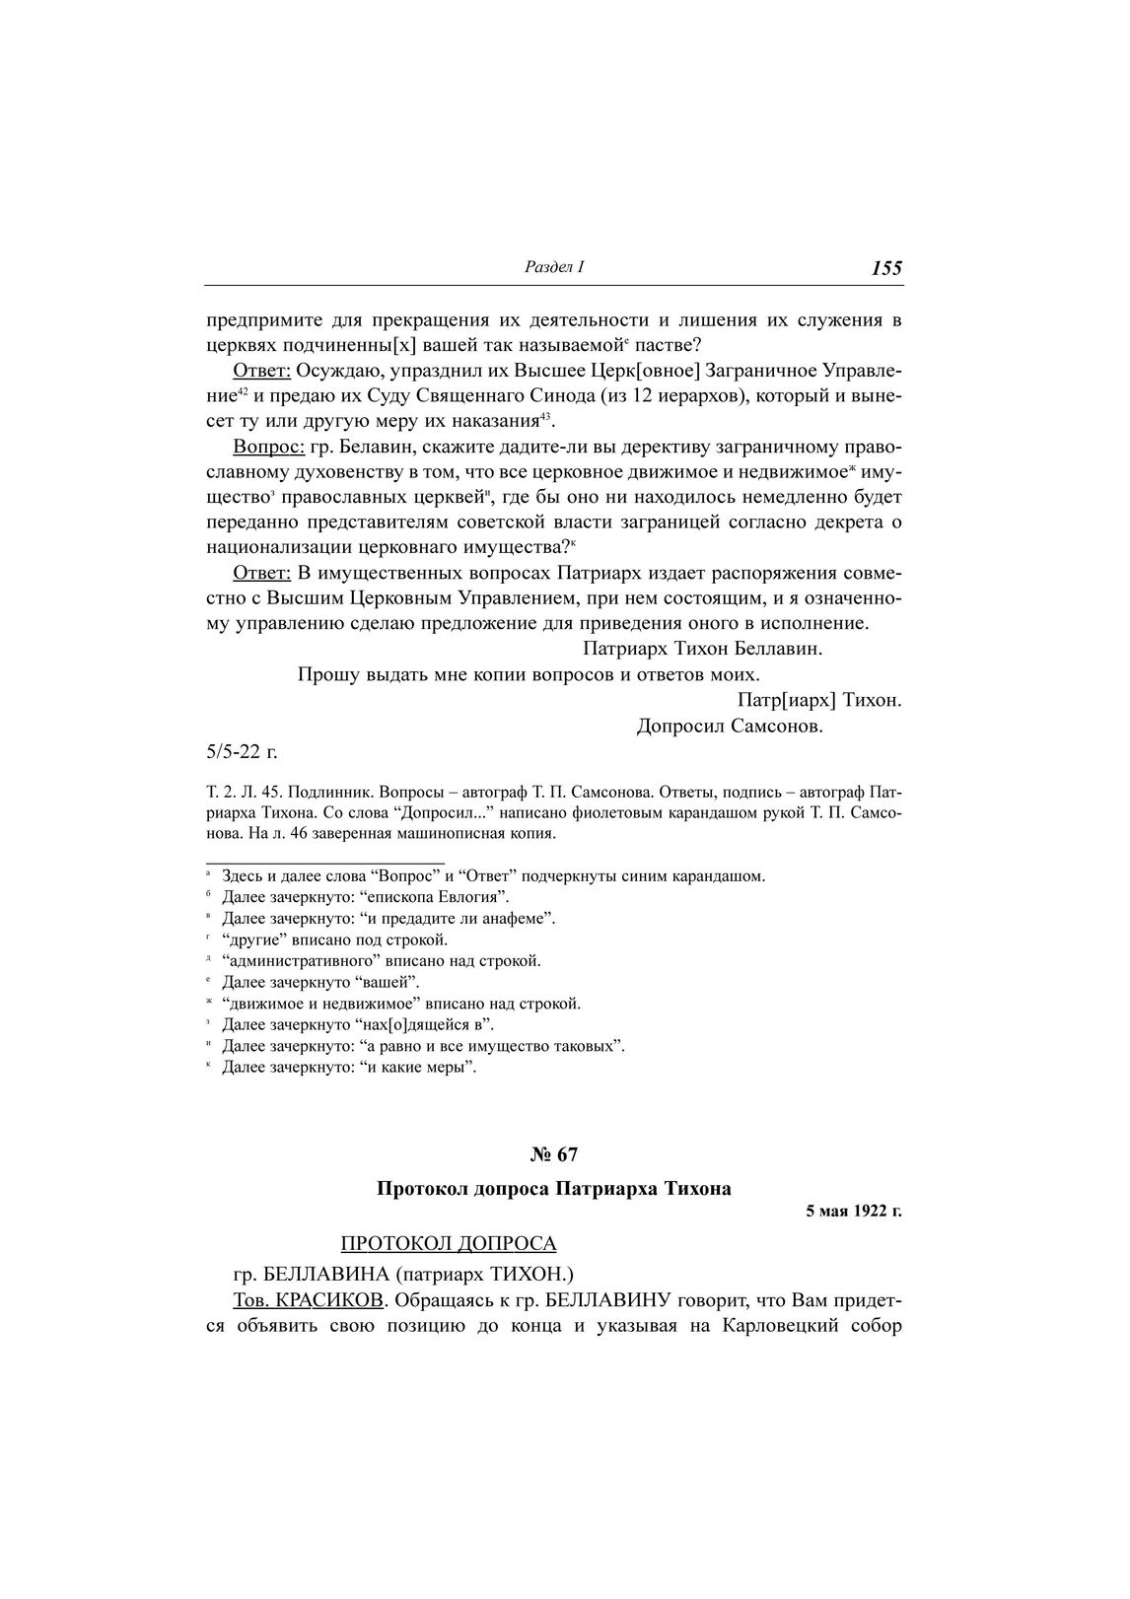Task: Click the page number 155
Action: (x=886, y=268)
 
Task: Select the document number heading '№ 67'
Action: (x=553, y=1153)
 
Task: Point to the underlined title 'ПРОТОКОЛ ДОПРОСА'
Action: (x=448, y=1244)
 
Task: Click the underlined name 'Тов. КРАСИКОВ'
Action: (x=308, y=1300)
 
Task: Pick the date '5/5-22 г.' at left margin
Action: (x=242, y=752)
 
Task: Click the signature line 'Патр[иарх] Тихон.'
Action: (x=819, y=701)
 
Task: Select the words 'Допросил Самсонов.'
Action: (x=730, y=727)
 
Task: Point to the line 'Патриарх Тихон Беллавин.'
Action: (x=702, y=650)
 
